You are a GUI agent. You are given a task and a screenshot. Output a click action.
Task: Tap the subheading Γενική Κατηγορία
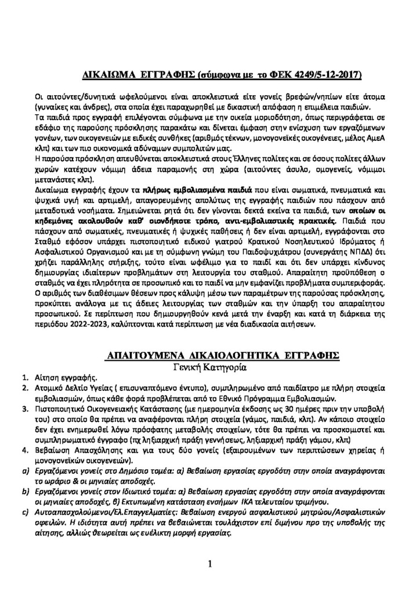point(209,367)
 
